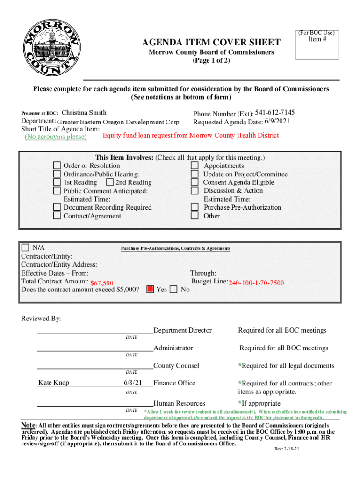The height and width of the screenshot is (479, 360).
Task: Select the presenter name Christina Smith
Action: pyautogui.click(x=84, y=113)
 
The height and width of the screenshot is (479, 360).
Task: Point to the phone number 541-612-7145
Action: pyautogui.click(x=275, y=113)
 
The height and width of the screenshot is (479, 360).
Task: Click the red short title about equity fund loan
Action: pyautogui.click(x=191, y=136)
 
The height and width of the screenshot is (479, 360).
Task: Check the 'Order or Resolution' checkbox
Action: pyautogui.click(x=57, y=166)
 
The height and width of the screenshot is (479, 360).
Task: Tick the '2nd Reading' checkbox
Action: pyautogui.click(x=110, y=182)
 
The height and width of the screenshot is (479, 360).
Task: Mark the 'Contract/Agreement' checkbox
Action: pyautogui.click(x=57, y=216)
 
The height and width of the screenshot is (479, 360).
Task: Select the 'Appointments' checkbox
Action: pyautogui.click(x=194, y=166)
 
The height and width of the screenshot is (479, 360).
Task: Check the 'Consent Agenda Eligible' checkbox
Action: pyautogui.click(x=194, y=182)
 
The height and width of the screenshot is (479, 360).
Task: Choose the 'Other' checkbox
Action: pyautogui.click(x=194, y=216)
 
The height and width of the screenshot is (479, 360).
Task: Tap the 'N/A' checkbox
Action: pyautogui.click(x=26, y=248)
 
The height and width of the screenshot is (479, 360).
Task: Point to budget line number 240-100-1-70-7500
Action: pyautogui.click(x=256, y=283)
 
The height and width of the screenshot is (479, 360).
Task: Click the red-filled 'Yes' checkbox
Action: pyautogui.click(x=150, y=290)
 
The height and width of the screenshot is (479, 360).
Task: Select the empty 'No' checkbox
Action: pyautogui.click(x=173, y=290)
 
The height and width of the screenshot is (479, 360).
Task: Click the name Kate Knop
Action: pyautogui.click(x=53, y=383)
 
